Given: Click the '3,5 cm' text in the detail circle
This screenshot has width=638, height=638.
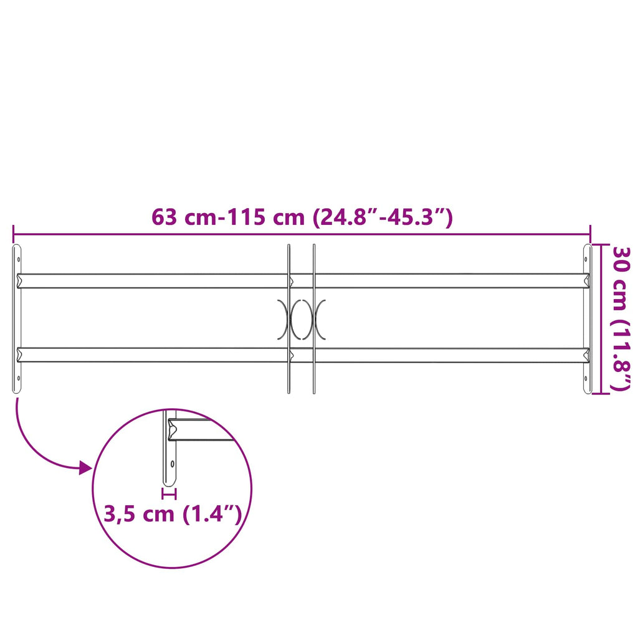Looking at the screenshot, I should click(x=138, y=515).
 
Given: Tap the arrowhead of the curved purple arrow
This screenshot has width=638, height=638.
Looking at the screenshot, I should click(x=85, y=467).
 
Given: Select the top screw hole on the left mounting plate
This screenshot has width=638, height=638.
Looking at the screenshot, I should click(x=18, y=259).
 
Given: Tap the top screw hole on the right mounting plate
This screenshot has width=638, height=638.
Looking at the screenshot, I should click(x=586, y=259).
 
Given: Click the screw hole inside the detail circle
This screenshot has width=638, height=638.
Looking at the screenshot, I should click(x=173, y=464).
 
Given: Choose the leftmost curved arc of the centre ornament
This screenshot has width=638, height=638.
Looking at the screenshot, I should click(x=282, y=319).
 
